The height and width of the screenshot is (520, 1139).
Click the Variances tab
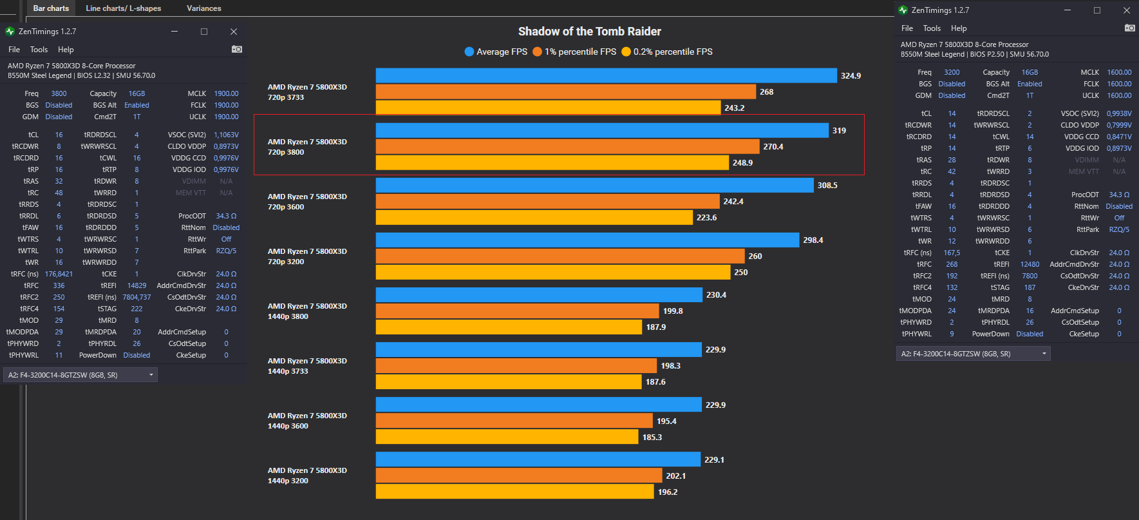tap(203, 8)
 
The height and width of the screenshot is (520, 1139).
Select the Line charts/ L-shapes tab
tap(123, 8)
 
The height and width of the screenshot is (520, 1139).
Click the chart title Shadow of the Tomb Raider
tap(589, 32)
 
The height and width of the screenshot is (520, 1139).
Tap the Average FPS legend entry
tap(496, 52)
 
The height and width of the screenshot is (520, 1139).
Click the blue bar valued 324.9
tap(606, 76)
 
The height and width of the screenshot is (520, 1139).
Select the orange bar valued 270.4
tap(567, 147)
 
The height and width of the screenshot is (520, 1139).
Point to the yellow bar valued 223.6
tap(534, 218)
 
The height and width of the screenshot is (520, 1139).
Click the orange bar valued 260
tap(560, 256)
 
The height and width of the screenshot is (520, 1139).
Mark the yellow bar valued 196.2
tap(514, 492)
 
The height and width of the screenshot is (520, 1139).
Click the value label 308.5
tap(827, 186)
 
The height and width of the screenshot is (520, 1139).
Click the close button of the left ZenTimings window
tap(234, 32)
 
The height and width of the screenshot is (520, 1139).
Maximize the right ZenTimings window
tap(1097, 10)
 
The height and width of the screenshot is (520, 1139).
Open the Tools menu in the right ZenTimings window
tap(932, 28)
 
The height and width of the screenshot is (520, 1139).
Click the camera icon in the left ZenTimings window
tap(236, 49)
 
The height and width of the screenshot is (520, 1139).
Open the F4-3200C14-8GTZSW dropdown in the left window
tap(80, 375)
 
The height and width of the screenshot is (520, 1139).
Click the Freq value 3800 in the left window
tap(59, 93)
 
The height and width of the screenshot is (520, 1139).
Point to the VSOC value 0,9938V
tap(1119, 113)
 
